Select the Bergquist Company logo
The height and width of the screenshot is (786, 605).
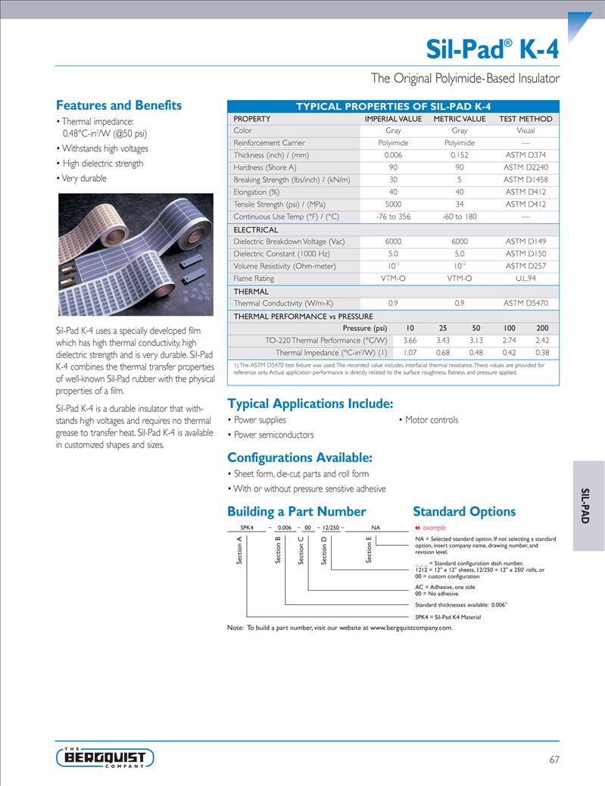click(x=105, y=756)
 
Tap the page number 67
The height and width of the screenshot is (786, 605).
click(x=554, y=759)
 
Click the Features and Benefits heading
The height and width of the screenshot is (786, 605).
click(x=119, y=105)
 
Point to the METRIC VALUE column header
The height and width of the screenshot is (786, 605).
click(x=459, y=119)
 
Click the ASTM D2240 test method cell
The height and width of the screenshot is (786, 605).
click(x=525, y=167)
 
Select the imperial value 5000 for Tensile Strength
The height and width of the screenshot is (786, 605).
click(x=393, y=204)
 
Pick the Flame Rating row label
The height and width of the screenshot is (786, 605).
click(x=254, y=279)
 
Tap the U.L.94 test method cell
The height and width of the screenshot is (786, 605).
click(x=525, y=279)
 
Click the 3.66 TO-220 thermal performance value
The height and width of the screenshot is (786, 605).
click(x=410, y=340)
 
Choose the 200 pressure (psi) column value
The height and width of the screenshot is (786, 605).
click(x=542, y=328)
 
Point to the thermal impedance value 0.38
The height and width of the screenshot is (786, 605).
click(x=542, y=352)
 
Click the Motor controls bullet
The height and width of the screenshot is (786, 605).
click(x=431, y=420)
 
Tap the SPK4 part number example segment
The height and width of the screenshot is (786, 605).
click(x=246, y=527)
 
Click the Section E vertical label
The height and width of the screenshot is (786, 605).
click(x=369, y=550)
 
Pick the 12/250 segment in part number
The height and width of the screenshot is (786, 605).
click(x=330, y=527)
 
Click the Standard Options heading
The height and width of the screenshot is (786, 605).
click(x=464, y=511)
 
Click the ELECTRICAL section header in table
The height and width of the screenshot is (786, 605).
click(x=255, y=229)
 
